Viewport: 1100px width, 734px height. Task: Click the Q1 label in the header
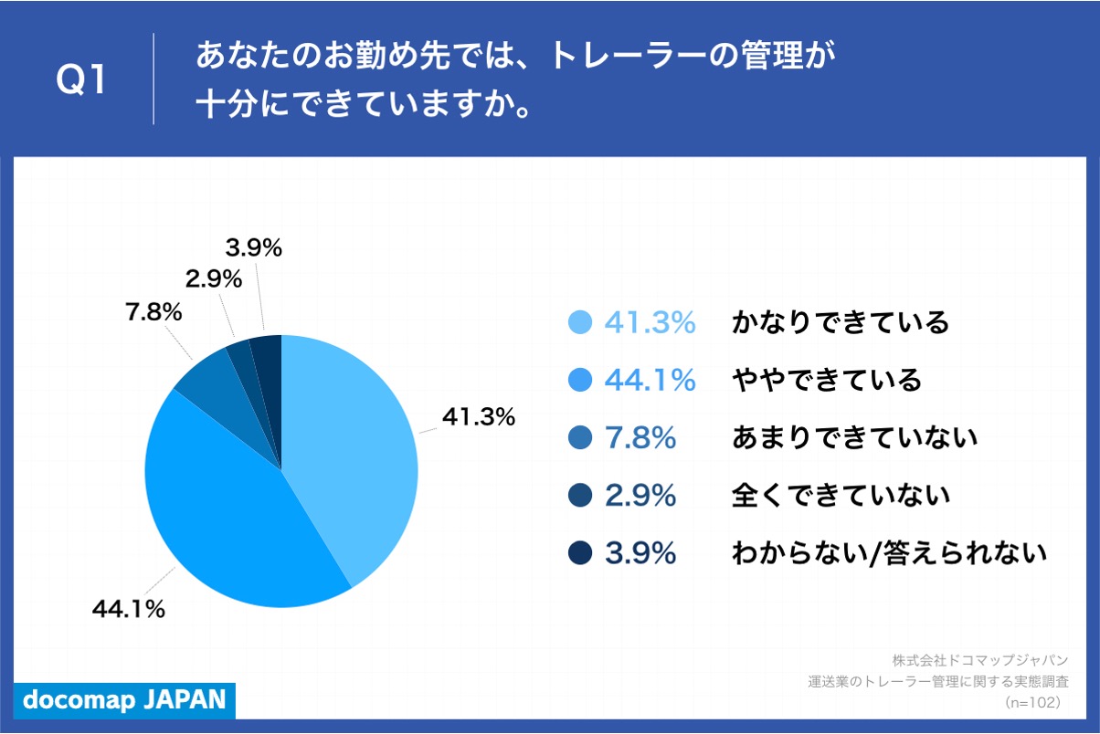pos(81,80)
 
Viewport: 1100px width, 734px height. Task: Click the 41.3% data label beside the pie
pos(479,417)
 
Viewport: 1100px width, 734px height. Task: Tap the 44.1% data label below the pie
pos(129,609)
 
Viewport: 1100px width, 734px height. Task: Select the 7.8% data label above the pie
pos(153,312)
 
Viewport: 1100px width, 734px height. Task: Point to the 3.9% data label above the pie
pos(253,246)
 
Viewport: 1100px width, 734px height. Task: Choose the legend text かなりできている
pos(841,323)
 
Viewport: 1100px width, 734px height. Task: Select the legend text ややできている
pos(827,380)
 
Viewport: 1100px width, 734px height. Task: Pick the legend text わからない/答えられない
pos(889,553)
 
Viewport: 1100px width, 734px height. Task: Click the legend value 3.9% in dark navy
pos(640,553)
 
